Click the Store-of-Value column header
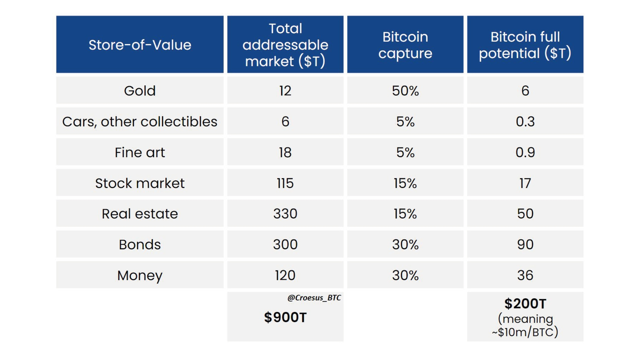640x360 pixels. point(140,45)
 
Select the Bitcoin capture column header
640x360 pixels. point(405,45)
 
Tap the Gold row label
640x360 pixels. point(140,91)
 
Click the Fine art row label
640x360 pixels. point(140,152)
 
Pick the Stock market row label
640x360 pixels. point(140,183)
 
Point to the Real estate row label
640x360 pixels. point(140,214)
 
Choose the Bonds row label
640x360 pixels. point(140,244)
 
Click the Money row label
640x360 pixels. point(140,275)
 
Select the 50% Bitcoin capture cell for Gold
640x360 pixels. point(405,91)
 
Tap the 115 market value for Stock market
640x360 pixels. point(285,183)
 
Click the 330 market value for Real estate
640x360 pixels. point(285,214)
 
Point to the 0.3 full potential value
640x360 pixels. point(525,121)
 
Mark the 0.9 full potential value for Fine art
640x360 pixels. point(525,152)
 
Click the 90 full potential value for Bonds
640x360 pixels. point(525,244)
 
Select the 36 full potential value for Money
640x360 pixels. point(525,275)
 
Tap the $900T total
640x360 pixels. point(285,317)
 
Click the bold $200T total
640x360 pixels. point(525,304)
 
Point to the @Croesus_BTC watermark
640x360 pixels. point(314,298)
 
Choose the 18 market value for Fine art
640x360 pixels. point(285,152)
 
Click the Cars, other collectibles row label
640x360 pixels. point(140,121)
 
